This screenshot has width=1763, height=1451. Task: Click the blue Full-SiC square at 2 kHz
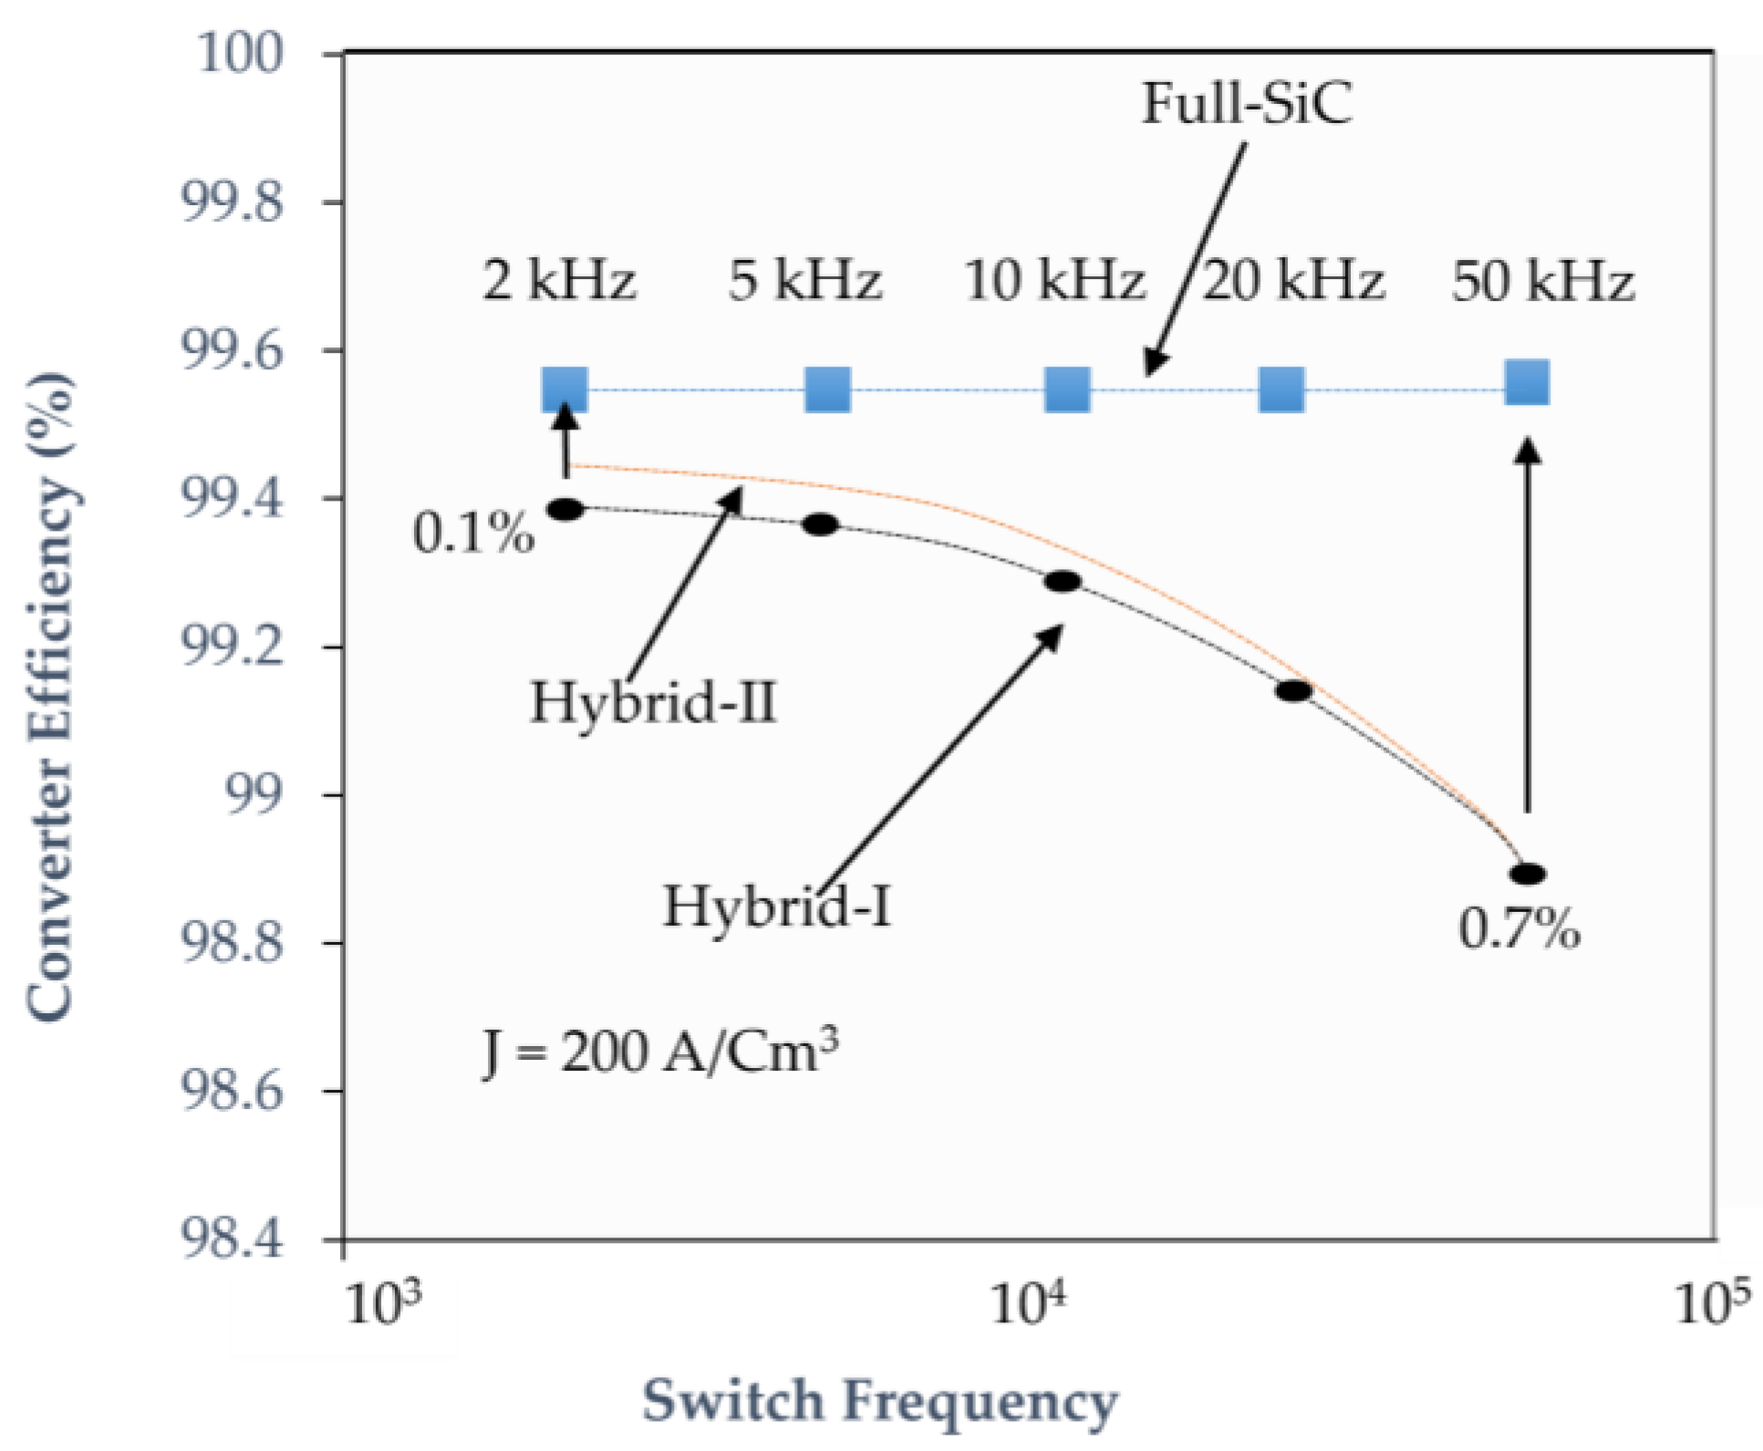point(565,390)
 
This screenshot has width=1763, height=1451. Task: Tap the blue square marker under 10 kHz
point(1067,390)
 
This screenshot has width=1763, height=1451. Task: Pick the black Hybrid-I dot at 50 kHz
point(1527,874)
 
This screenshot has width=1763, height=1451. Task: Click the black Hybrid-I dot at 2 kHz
point(565,509)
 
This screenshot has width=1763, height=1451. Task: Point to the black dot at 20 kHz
point(1293,690)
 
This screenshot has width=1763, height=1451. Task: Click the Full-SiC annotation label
point(1246,103)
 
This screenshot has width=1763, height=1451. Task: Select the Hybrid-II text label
point(653,703)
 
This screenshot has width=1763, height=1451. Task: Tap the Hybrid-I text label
point(776,907)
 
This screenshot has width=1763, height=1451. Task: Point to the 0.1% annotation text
point(473,533)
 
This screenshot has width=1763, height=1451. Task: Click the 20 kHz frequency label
point(1293,280)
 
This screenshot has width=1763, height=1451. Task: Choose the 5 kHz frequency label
point(804,280)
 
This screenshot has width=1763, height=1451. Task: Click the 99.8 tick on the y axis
point(233,202)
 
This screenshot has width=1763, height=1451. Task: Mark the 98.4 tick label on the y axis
point(233,1240)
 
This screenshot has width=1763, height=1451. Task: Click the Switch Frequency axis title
point(880,1401)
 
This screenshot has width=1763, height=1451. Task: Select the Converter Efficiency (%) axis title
point(50,698)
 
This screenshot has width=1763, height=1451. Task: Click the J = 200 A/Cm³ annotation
point(660,1051)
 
